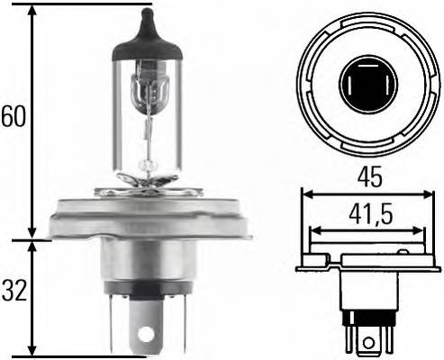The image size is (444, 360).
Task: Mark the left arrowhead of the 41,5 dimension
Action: [313, 232]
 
